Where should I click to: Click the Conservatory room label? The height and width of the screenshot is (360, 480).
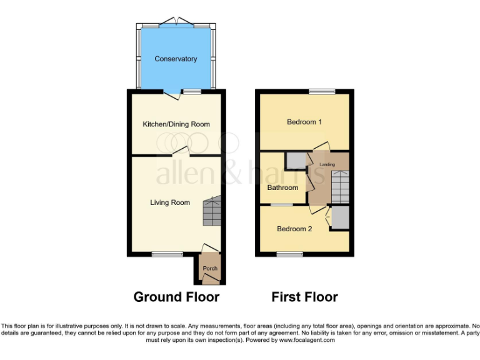(x=176, y=59)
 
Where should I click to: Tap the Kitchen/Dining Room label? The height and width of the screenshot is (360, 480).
(x=176, y=124)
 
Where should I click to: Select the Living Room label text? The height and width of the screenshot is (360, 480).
(x=169, y=202)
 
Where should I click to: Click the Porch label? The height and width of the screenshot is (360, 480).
(x=209, y=269)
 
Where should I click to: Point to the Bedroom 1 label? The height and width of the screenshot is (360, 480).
(x=304, y=122)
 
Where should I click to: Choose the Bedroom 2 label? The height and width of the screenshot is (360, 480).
(x=294, y=229)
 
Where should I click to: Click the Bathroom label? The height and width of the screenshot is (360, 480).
(x=282, y=187)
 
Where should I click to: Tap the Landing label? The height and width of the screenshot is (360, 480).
(x=327, y=164)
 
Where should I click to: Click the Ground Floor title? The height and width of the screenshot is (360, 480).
(x=176, y=297)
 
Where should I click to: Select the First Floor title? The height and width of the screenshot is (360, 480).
(x=304, y=297)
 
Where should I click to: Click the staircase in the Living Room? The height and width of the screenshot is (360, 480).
(x=212, y=212)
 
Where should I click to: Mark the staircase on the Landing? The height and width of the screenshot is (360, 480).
(x=339, y=186)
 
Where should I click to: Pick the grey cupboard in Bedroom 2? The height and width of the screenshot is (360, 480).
(x=340, y=218)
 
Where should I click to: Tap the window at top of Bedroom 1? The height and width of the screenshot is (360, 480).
(x=321, y=92)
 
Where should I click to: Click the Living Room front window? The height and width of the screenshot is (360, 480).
(x=167, y=254)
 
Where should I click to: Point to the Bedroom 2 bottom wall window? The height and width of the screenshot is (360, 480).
(x=289, y=254)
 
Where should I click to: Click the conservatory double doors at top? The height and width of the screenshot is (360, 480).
(x=177, y=22)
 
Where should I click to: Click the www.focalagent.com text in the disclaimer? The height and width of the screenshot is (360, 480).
(x=307, y=341)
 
